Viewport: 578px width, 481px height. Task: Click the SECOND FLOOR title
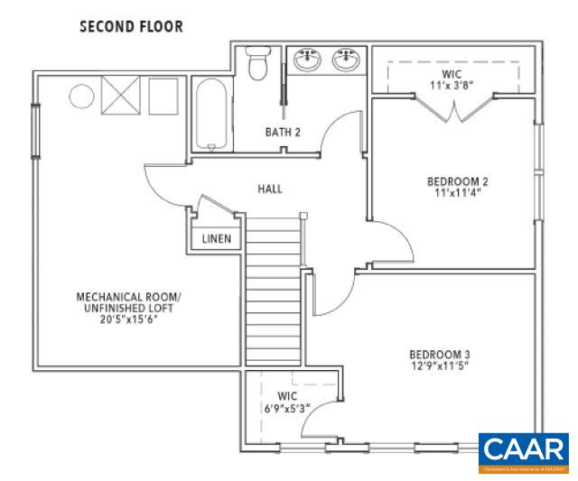tap(131, 26)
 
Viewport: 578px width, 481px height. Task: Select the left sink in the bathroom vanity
tap(306, 61)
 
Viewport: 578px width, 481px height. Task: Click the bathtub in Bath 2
tap(211, 116)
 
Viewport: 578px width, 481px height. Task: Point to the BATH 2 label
tap(282, 133)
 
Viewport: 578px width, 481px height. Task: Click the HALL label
tap(269, 189)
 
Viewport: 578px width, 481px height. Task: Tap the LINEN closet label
tap(216, 239)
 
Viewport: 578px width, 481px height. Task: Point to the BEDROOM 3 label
tap(439, 354)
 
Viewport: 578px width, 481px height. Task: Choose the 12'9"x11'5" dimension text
tap(439, 365)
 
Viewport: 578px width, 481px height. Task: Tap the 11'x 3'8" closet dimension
tap(452, 86)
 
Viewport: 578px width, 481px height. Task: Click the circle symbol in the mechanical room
tap(82, 95)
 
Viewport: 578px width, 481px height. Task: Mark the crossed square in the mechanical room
tap(119, 94)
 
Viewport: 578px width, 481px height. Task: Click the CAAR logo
tap(522, 452)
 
